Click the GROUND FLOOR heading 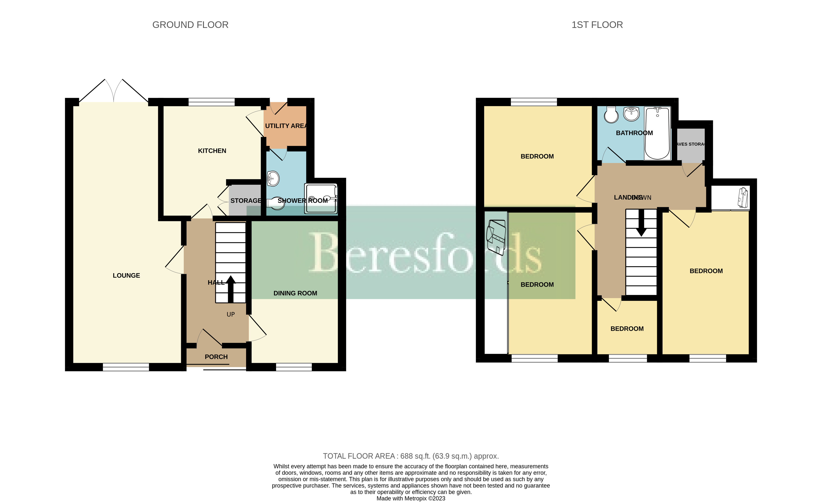(190, 25)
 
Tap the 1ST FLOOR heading (597, 25)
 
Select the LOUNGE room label (126, 276)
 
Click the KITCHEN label (212, 151)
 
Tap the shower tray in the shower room (321, 199)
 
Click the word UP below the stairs (230, 314)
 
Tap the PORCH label (216, 357)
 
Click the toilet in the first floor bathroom (611, 115)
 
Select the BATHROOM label (634, 133)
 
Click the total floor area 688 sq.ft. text (410, 456)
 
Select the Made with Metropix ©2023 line (411, 498)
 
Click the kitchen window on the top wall (211, 102)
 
